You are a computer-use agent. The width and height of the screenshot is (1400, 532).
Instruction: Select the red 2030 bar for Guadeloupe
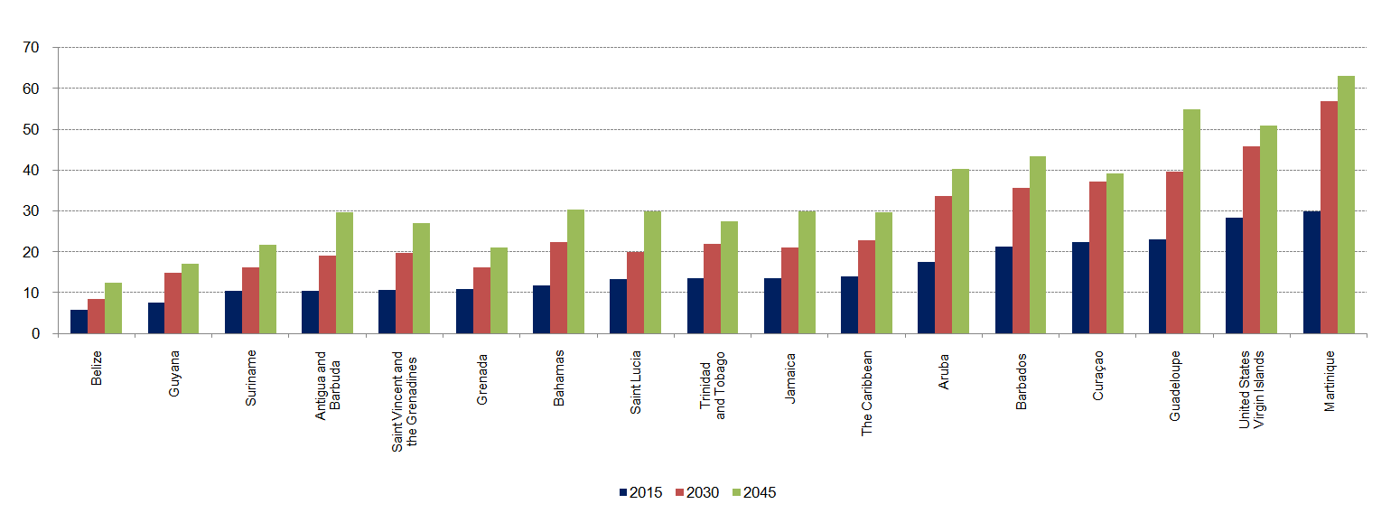[x=1174, y=253]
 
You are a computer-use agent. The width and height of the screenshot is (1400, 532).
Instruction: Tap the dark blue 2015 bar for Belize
[x=79, y=322]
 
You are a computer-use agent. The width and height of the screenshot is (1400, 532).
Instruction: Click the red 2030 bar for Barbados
[x=1021, y=261]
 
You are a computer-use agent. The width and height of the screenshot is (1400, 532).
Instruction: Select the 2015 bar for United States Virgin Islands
[x=1234, y=275]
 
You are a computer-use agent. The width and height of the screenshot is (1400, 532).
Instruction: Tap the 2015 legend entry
[x=639, y=492]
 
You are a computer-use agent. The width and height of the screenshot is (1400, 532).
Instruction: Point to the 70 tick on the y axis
[x=32, y=48]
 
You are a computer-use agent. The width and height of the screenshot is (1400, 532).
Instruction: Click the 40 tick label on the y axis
[x=32, y=171]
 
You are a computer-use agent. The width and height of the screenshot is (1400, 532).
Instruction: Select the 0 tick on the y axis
[x=35, y=334]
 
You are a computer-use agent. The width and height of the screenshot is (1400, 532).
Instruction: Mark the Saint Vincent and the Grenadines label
[x=405, y=400]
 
